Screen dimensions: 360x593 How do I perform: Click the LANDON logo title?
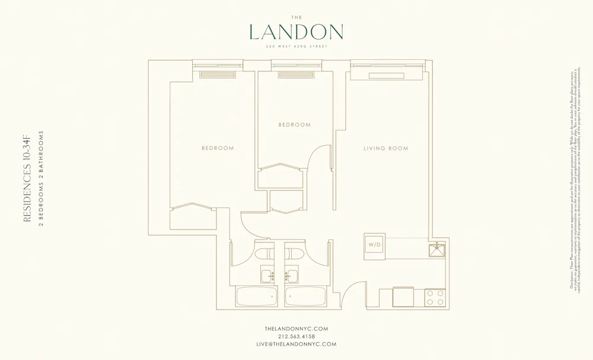(296, 31)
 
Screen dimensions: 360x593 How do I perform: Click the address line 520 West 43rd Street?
(296, 46)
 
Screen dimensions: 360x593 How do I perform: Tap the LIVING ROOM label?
(385, 148)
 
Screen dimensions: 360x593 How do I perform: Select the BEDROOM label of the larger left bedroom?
(217, 148)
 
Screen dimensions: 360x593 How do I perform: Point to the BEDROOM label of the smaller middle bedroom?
(295, 125)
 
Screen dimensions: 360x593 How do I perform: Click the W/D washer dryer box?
(375, 244)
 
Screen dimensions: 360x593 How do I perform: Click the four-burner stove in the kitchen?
(435, 297)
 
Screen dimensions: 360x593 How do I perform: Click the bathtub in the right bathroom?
(304, 297)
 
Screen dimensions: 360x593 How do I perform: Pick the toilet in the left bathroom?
(263, 254)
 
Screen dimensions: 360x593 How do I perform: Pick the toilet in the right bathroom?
(295, 254)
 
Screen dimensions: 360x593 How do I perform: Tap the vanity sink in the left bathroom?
(267, 275)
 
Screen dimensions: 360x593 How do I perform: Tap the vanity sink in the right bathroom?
(291, 275)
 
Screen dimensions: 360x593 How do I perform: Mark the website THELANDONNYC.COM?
(296, 329)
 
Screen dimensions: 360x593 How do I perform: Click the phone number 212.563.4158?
(296, 336)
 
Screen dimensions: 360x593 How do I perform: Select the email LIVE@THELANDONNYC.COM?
(296, 344)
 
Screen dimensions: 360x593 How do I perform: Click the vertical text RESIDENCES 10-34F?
(26, 179)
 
